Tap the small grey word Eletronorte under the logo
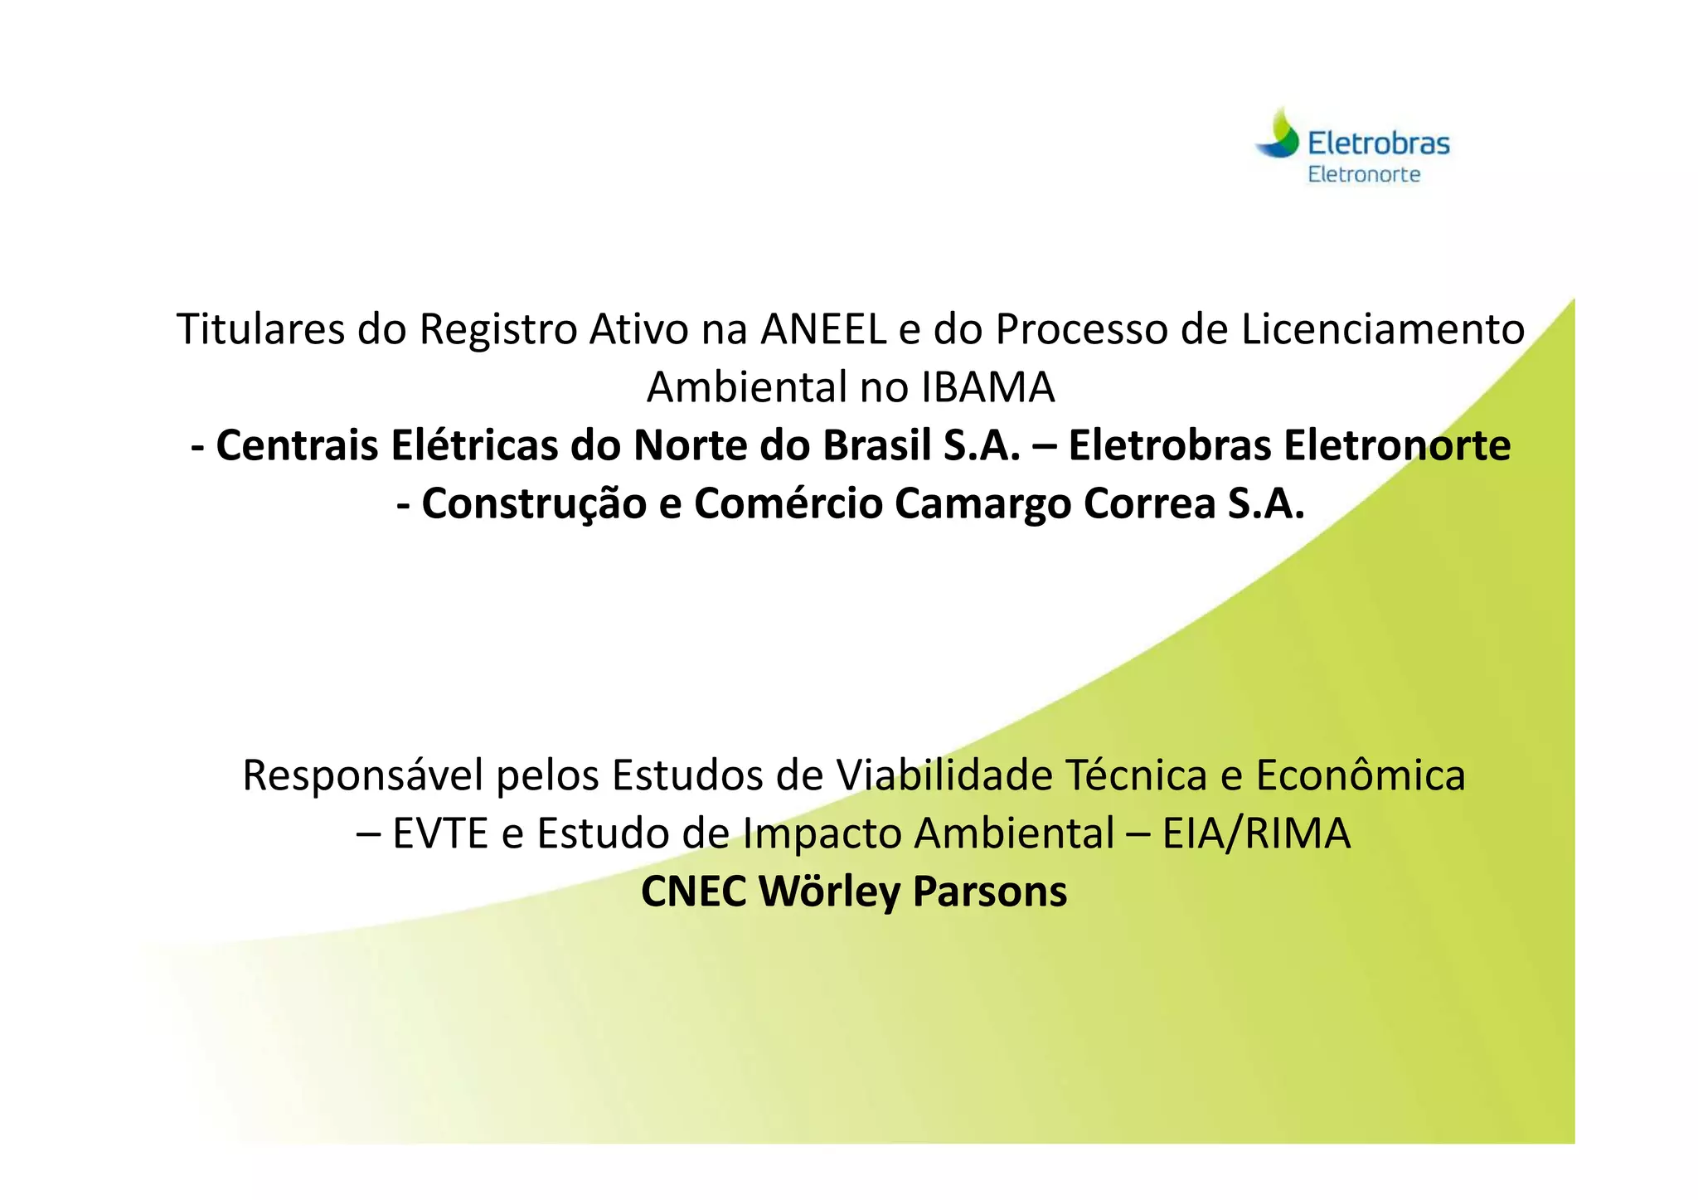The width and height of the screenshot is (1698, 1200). (x=1364, y=174)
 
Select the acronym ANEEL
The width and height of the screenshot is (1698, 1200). (x=824, y=328)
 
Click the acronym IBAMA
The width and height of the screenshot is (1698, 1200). (x=987, y=387)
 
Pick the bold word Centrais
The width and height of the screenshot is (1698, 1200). (x=296, y=445)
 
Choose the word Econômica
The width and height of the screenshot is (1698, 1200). (x=1361, y=775)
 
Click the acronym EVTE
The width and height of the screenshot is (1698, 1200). (x=440, y=833)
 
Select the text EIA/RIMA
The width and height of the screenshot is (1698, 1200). (x=1256, y=833)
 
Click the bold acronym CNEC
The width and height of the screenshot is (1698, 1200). (x=693, y=891)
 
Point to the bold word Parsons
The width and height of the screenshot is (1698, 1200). (x=990, y=891)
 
